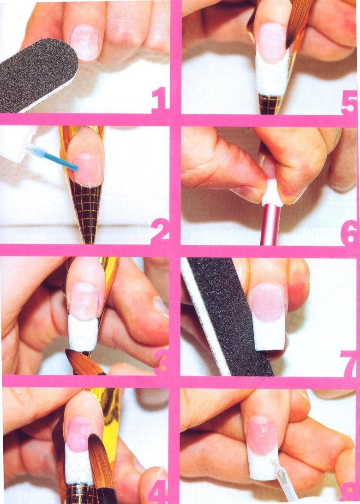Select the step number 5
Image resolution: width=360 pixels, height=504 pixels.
point(348,103)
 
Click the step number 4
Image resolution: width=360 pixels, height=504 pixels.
point(158,490)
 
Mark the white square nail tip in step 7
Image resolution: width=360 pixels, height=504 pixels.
point(270,334)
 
